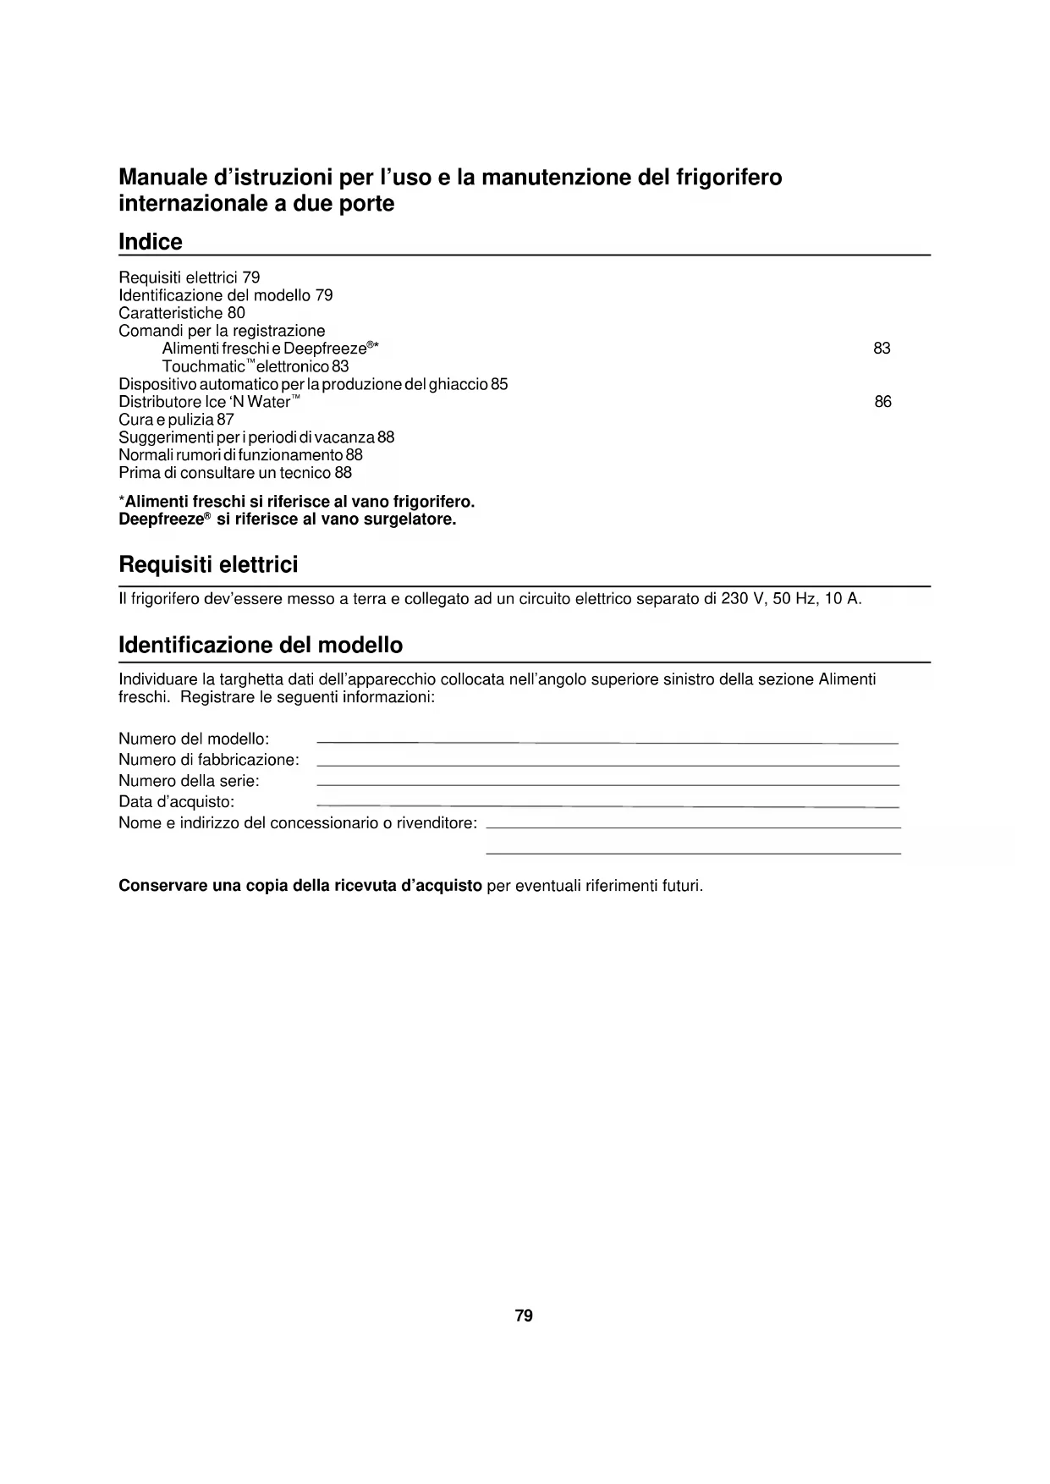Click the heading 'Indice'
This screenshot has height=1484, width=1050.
click(x=151, y=242)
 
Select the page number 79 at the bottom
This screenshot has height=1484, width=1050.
click(x=524, y=1316)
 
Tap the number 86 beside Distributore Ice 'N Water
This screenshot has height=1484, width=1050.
click(x=882, y=402)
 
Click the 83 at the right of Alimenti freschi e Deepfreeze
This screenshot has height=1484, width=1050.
click(x=882, y=349)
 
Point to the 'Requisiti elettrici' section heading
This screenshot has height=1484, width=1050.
click(x=208, y=564)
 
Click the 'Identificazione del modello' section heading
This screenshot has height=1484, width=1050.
click(x=261, y=646)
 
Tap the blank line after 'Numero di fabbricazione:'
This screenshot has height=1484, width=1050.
click(x=607, y=764)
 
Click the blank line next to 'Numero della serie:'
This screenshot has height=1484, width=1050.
click(x=607, y=785)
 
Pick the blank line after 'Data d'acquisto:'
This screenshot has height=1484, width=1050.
click(x=607, y=805)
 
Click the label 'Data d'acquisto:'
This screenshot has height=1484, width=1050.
click(x=176, y=802)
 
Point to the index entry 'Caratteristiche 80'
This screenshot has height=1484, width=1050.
click(x=182, y=313)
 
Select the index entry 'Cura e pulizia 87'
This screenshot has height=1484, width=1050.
click(x=176, y=420)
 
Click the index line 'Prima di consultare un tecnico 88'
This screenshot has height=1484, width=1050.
click(x=235, y=473)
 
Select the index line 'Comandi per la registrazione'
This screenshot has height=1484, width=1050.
click(x=222, y=331)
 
